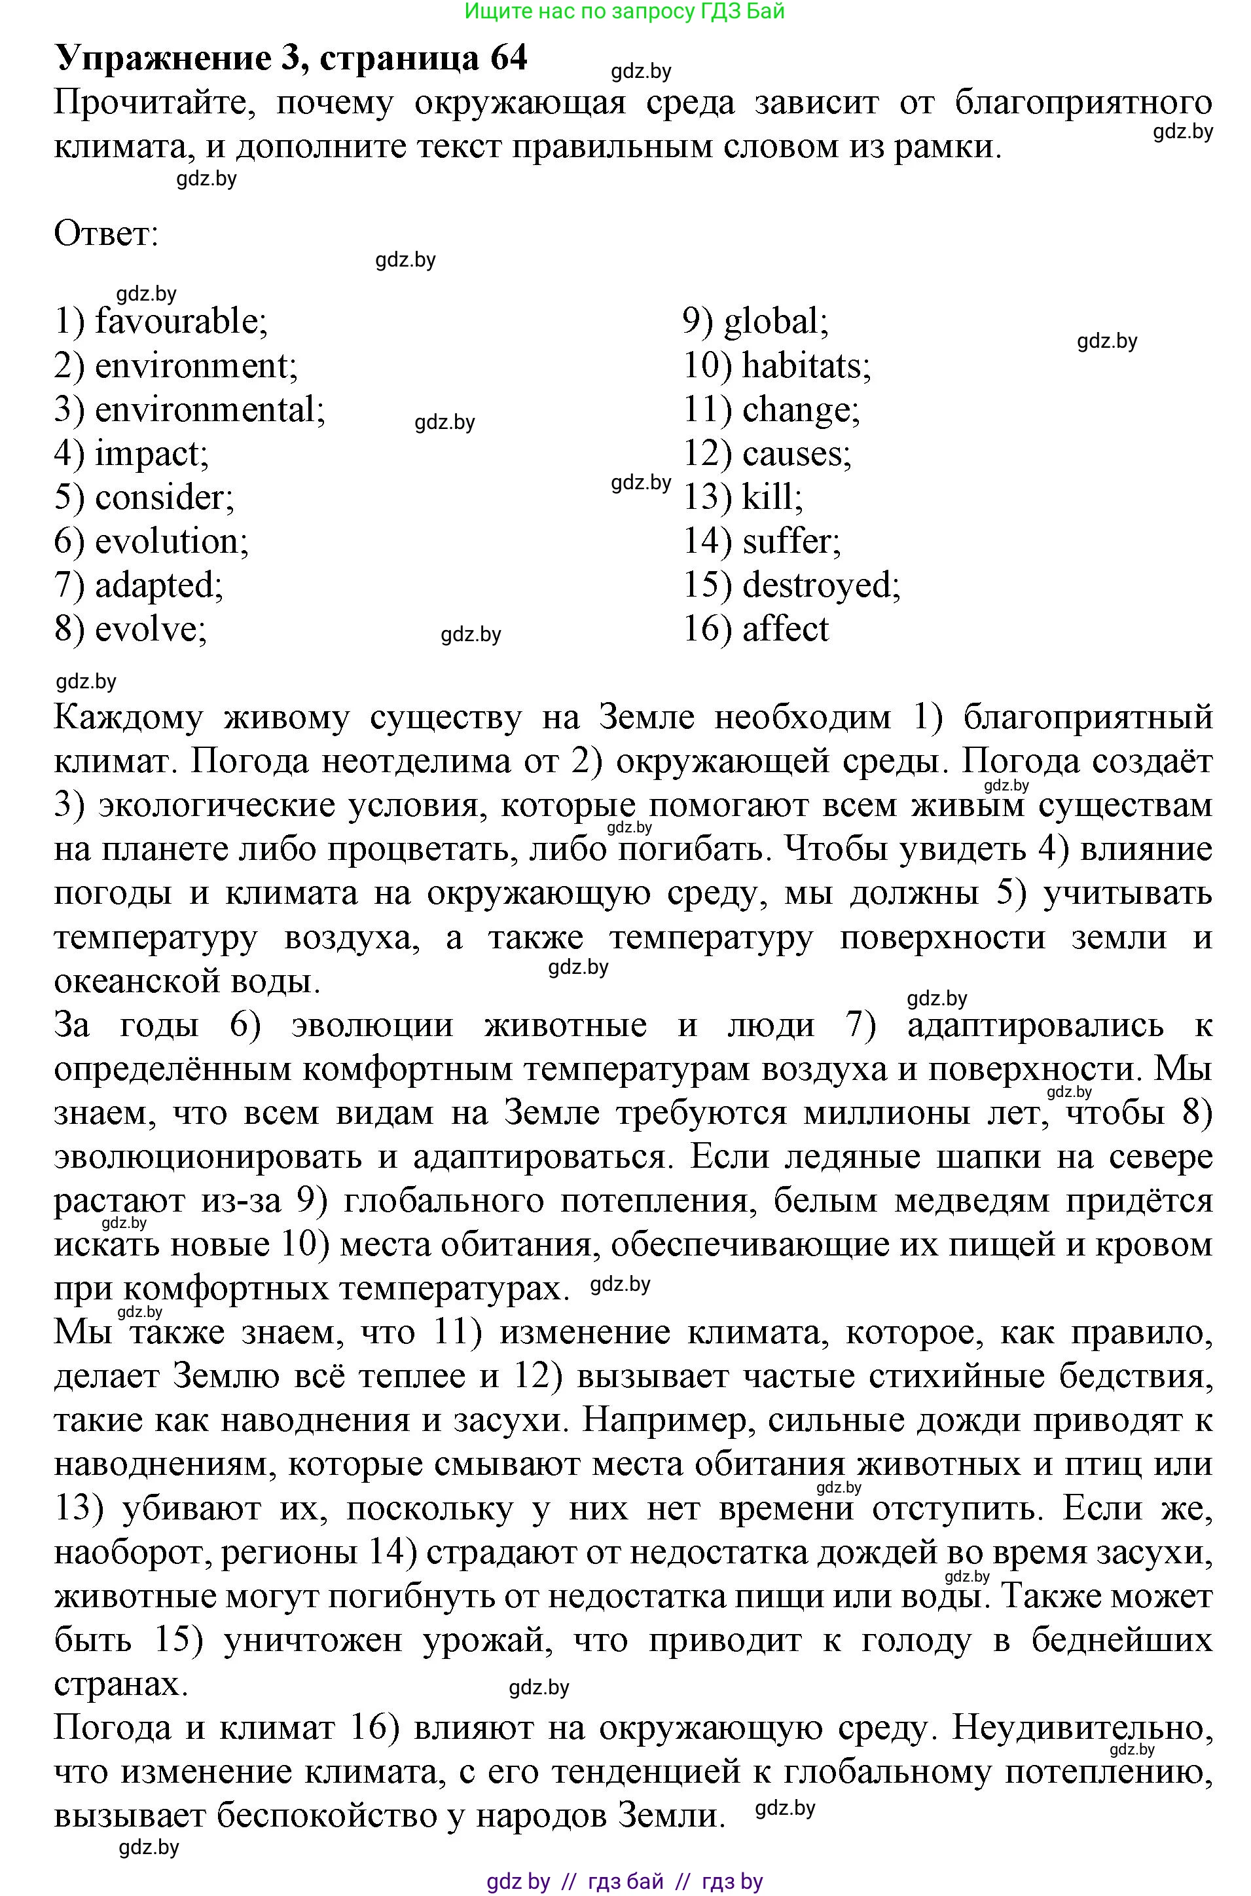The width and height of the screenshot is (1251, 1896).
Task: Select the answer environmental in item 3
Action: tap(209, 409)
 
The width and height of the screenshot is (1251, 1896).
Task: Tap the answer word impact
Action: tap(151, 453)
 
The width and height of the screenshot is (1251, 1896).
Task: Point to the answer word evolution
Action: tap(171, 541)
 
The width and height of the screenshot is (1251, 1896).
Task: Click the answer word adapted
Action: tap(158, 585)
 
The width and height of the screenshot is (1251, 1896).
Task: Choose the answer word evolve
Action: tap(150, 629)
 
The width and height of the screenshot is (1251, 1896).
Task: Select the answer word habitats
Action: tap(806, 365)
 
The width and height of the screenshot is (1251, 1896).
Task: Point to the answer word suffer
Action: tap(791, 541)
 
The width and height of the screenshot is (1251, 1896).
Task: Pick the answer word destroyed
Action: tap(820, 585)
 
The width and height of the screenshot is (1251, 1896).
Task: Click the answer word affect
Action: tap(785, 629)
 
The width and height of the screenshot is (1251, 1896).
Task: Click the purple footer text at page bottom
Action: tap(625, 1882)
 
